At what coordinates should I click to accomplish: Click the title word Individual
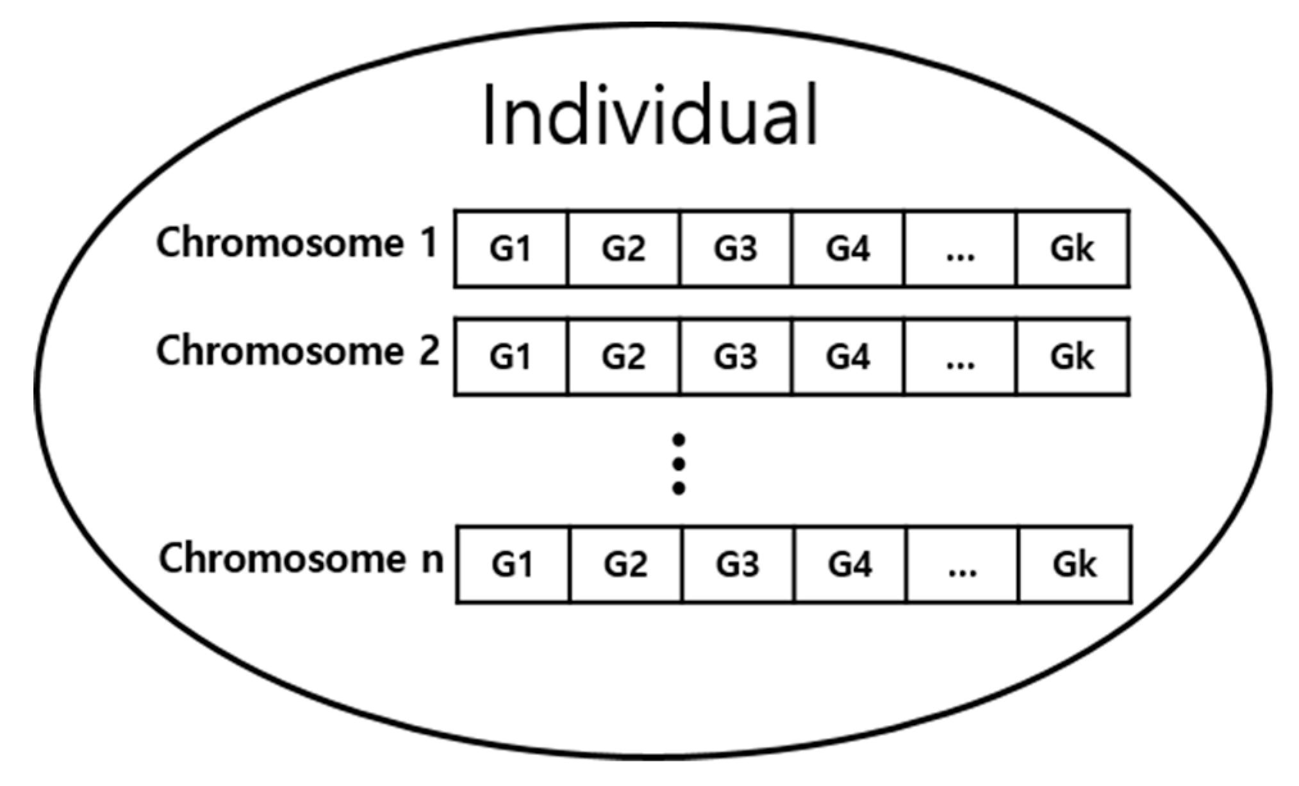(x=650, y=116)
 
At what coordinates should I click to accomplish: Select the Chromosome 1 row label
(x=297, y=244)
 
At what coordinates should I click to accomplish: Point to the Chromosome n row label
(x=301, y=559)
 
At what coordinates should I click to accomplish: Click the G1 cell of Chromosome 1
(x=511, y=249)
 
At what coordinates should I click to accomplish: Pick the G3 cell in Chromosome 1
(x=736, y=249)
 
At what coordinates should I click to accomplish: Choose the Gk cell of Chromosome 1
(x=1072, y=249)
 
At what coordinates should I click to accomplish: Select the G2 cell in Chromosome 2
(x=623, y=357)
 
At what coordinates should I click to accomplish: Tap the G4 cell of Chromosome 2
(x=848, y=357)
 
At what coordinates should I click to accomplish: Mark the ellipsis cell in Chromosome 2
(x=960, y=357)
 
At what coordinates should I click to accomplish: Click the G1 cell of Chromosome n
(x=513, y=564)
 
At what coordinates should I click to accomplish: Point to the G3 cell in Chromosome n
(x=738, y=564)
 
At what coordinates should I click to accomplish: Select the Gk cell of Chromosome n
(x=1075, y=564)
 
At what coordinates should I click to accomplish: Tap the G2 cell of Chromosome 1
(x=623, y=249)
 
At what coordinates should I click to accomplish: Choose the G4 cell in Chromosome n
(x=850, y=564)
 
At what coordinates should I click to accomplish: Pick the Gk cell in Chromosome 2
(x=1072, y=357)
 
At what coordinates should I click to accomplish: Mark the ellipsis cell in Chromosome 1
(x=960, y=249)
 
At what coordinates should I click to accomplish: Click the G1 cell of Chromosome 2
(x=511, y=357)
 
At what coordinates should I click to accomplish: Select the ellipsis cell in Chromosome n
(x=962, y=564)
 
